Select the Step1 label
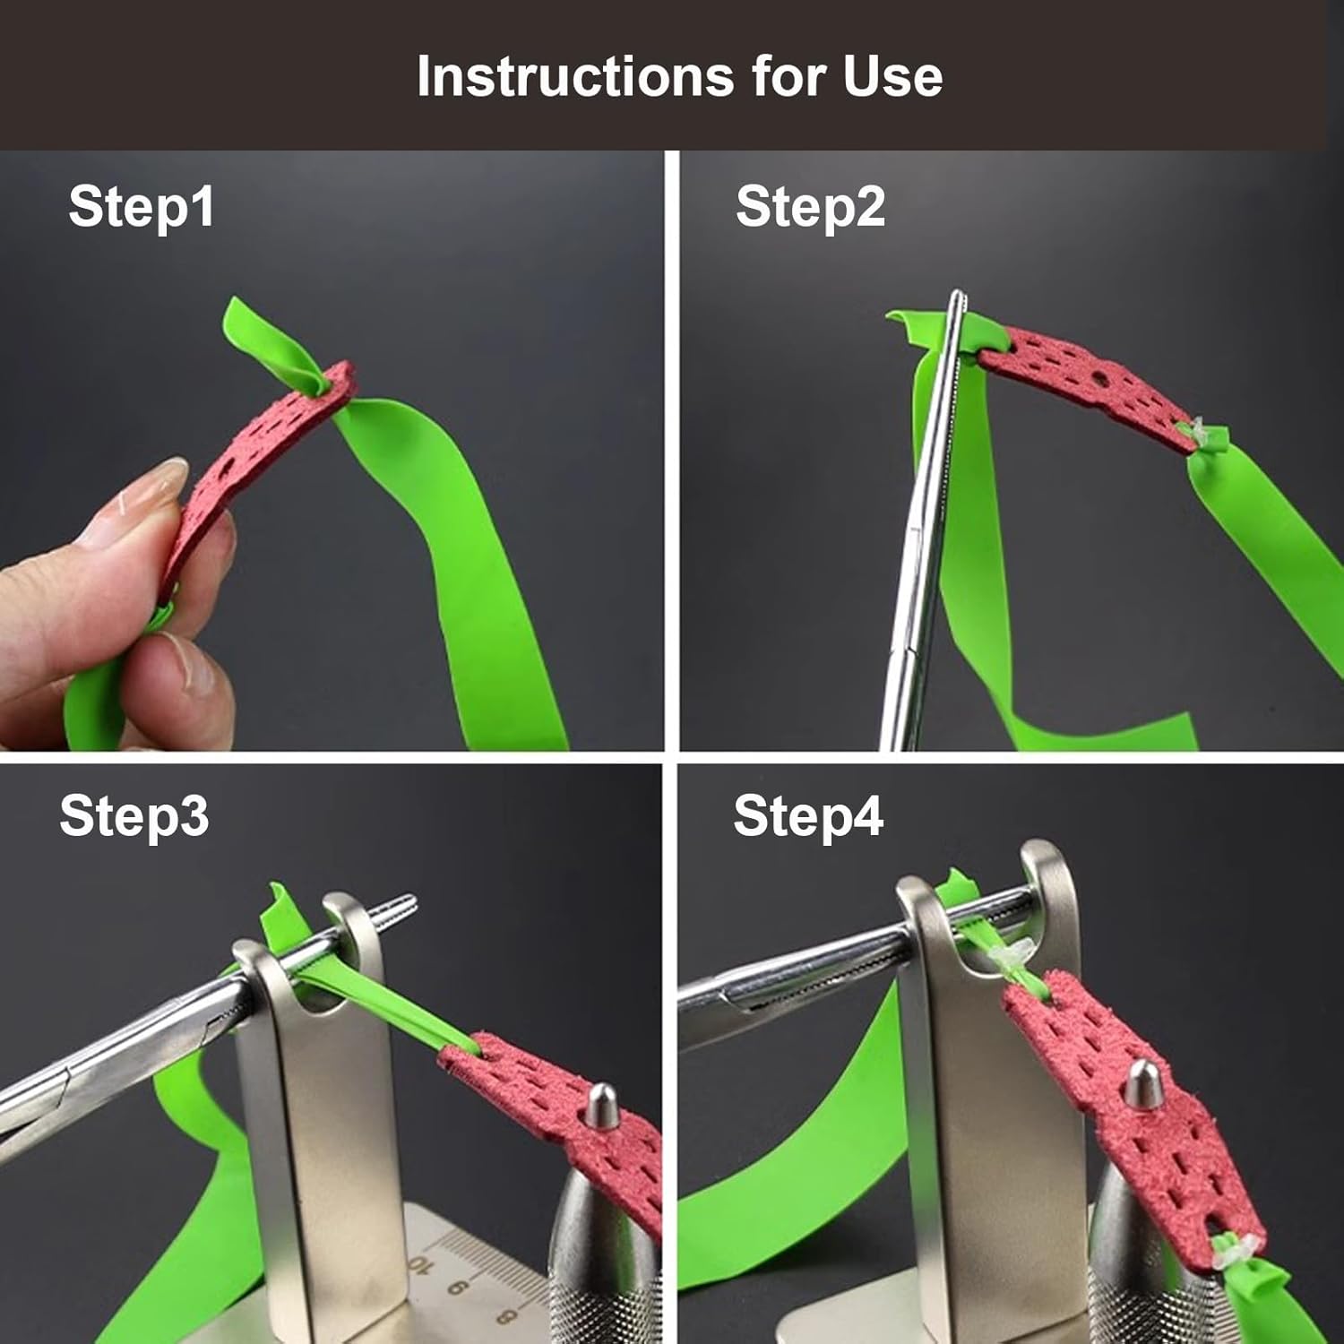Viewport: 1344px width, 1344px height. click(142, 206)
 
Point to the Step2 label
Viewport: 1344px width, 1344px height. click(810, 206)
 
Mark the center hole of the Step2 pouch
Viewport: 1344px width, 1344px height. click(1096, 379)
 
